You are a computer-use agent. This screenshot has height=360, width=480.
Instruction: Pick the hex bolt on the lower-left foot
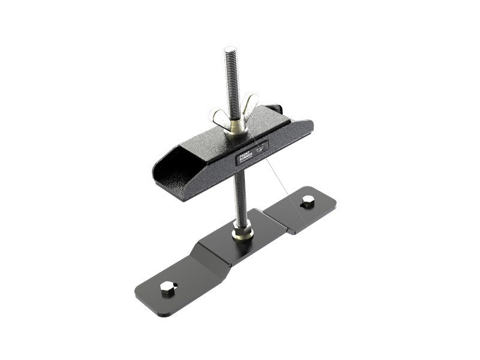coord(167,288)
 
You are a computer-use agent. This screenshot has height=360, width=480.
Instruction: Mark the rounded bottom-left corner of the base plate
coord(142,298)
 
